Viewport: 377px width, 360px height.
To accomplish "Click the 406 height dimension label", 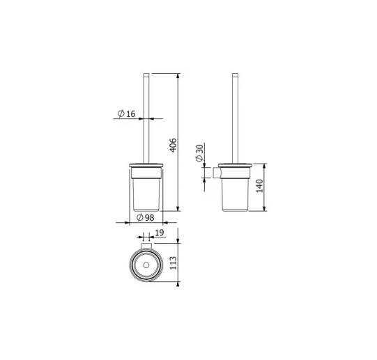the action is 173,145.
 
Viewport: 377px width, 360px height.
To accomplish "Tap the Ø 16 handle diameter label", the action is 126,114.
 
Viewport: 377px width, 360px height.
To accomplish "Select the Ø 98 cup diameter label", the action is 145,217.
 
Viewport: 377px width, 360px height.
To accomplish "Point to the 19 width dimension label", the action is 160,233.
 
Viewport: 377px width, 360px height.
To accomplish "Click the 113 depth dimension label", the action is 173,263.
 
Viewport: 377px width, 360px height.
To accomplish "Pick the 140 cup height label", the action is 260,186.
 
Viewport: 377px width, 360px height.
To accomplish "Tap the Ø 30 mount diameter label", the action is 199,152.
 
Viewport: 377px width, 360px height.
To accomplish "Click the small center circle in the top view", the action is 146,265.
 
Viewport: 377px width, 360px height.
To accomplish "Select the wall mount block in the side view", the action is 217,173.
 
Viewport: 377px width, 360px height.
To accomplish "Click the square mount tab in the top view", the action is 146,246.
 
